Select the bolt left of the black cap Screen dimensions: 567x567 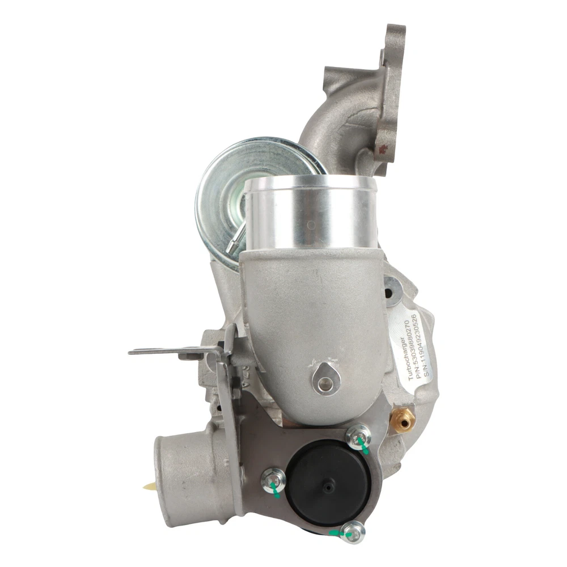click(x=273, y=481)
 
